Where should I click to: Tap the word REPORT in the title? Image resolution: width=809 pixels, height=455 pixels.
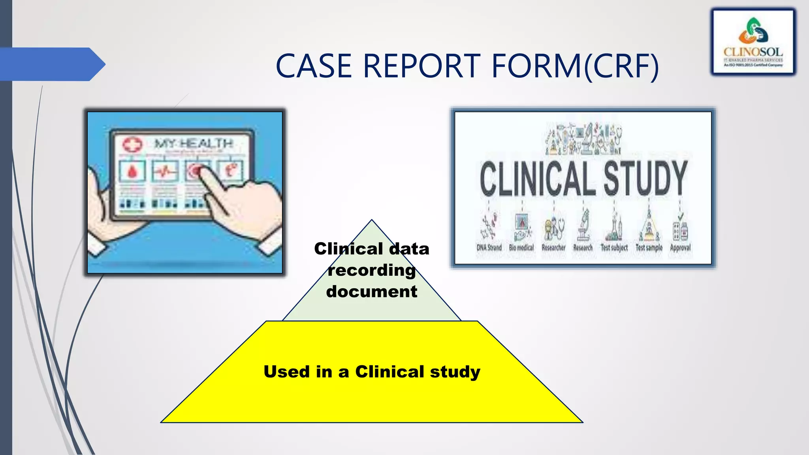pos(421,66)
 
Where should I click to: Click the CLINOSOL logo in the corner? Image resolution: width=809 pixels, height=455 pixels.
pos(753,42)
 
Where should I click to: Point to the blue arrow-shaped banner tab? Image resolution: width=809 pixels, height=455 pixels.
pos(51,64)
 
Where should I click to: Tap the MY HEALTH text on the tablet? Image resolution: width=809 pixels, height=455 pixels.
pos(193,143)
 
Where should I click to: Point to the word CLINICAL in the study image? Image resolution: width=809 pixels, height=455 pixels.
pos(536,179)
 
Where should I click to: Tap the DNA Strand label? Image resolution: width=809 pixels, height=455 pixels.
pos(489,248)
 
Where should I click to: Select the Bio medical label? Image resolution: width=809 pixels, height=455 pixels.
pos(521,248)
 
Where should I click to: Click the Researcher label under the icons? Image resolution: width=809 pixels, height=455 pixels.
pos(553,248)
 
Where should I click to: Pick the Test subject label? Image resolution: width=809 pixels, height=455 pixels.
pos(614,248)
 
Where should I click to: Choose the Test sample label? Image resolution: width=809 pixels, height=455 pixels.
pos(649,248)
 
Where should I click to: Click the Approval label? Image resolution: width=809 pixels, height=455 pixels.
pos(680,248)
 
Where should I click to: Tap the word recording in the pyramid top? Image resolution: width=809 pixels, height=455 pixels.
pos(372,271)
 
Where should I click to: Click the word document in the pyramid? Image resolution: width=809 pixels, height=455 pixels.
pos(372,292)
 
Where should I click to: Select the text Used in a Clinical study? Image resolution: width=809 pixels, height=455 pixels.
pos(372,372)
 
